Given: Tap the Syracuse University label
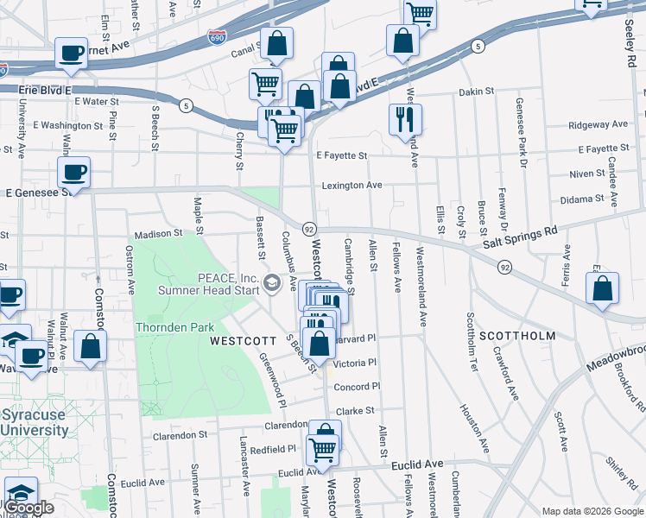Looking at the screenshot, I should (x=34, y=422).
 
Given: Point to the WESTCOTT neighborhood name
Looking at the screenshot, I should (x=241, y=341).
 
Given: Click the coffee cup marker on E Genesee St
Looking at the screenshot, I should (x=74, y=171).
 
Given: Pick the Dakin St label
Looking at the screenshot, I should (x=476, y=92).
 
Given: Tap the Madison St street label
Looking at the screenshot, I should (x=158, y=233).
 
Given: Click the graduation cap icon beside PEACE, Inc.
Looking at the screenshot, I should (x=272, y=283).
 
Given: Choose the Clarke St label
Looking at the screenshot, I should (x=355, y=412).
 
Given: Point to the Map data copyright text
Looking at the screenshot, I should (x=592, y=511).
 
